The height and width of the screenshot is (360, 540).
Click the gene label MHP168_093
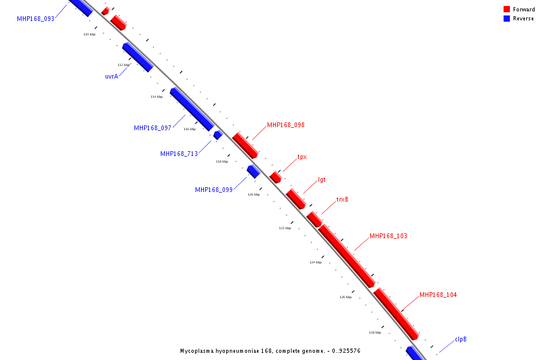point(35,19)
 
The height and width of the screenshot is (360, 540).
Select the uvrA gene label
point(112,76)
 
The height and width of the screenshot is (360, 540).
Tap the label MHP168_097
point(152,128)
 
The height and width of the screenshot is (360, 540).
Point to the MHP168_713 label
point(179,154)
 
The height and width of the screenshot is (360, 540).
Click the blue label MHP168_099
point(214,190)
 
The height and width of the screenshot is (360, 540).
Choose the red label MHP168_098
point(286,125)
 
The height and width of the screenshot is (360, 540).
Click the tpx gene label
point(302,157)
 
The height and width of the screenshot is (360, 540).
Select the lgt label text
point(322,179)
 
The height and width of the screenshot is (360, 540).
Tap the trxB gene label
point(342,199)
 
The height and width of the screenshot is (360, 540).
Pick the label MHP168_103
point(388,236)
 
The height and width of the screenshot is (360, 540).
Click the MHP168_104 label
point(438,295)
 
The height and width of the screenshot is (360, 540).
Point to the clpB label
point(460,339)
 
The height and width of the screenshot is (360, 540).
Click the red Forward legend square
point(507,9)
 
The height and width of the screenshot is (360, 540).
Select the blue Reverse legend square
point(507,19)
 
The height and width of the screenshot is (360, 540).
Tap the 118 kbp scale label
point(222,161)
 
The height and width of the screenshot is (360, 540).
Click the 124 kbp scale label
point(316,262)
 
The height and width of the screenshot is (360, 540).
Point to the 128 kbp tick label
point(375,332)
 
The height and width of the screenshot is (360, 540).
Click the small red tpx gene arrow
point(275,177)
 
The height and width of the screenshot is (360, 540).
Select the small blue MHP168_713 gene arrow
point(218,135)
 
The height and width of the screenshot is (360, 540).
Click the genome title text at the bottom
point(270,350)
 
